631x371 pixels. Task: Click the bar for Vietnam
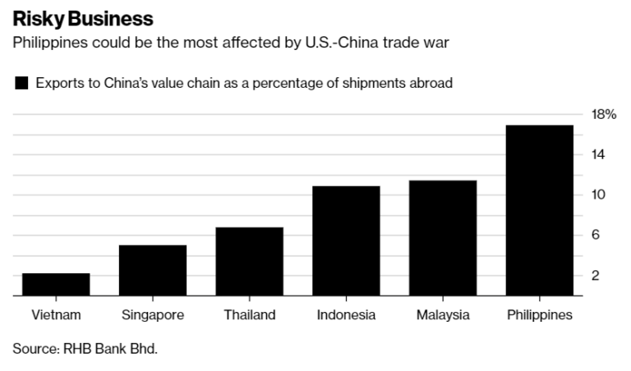(56, 284)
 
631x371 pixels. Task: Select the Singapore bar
(153, 270)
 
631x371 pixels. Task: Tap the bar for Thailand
(250, 261)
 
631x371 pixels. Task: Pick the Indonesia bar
(346, 240)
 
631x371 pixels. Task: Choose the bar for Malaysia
(443, 238)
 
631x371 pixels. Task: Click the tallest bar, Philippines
(540, 210)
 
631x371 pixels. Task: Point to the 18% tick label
(604, 114)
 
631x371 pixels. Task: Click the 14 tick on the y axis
(598, 154)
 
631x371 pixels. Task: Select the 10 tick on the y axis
(598, 195)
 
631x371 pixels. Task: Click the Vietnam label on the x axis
(56, 315)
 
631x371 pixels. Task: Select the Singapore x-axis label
(153, 315)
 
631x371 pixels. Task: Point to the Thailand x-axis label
(250, 315)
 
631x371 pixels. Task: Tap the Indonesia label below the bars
(346, 315)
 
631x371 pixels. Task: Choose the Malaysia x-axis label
(443, 315)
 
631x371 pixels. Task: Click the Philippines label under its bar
(540, 315)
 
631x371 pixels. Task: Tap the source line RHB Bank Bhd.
(85, 349)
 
